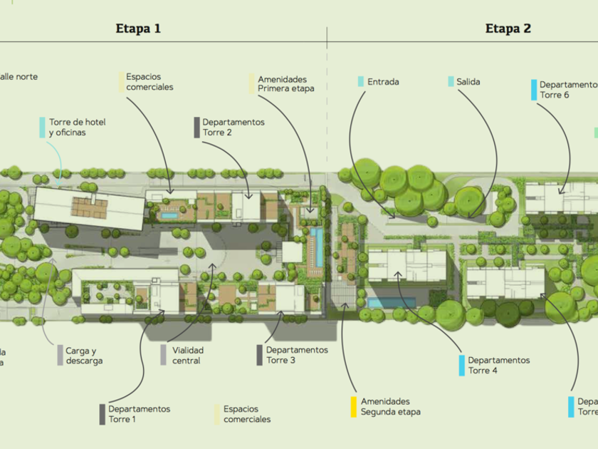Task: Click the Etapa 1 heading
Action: [x=138, y=29]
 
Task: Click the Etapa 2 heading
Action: [x=508, y=29]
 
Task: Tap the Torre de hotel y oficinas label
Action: [x=77, y=127]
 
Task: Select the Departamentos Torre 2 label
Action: [x=233, y=127]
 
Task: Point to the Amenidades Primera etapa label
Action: [x=282, y=84]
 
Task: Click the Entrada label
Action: [x=383, y=82]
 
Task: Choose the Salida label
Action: [x=468, y=82]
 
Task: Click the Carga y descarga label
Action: [x=84, y=356]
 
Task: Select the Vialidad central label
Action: [x=187, y=356]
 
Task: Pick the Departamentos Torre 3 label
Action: [x=297, y=355]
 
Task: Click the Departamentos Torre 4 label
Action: [x=498, y=365]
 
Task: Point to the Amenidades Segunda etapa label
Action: [x=390, y=406]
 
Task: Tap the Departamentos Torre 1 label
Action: [x=139, y=413]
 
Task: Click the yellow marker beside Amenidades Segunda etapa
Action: [x=353, y=406]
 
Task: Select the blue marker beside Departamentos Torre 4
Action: [x=461, y=365]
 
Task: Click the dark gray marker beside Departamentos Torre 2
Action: [x=196, y=127]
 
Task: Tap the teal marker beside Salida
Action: [x=451, y=82]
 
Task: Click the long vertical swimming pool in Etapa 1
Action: [x=318, y=246]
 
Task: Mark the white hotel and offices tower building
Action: [x=89, y=208]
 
